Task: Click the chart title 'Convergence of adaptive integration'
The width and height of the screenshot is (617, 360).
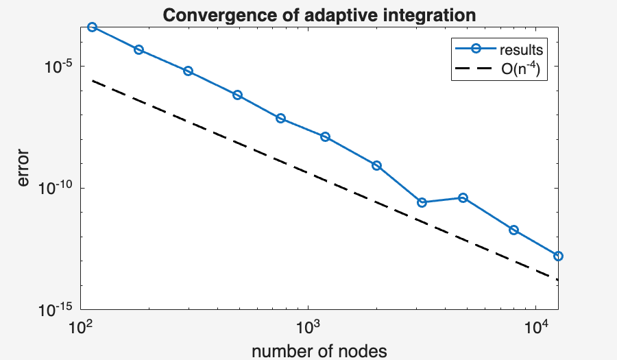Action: (319, 14)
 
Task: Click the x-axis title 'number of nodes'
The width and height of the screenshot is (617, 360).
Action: (319, 351)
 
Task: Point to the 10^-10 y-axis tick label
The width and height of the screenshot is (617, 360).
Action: (60, 189)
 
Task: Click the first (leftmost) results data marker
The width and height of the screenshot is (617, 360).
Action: (92, 27)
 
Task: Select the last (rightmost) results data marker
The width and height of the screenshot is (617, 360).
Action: (559, 256)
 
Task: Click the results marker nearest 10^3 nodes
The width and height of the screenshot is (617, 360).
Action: (325, 137)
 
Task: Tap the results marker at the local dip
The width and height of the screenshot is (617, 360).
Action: (422, 202)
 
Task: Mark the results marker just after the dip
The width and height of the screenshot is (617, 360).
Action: (463, 198)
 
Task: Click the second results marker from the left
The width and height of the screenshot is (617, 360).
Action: (138, 49)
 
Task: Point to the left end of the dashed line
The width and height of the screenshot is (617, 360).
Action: (92, 81)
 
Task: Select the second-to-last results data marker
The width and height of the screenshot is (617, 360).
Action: (513, 230)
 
